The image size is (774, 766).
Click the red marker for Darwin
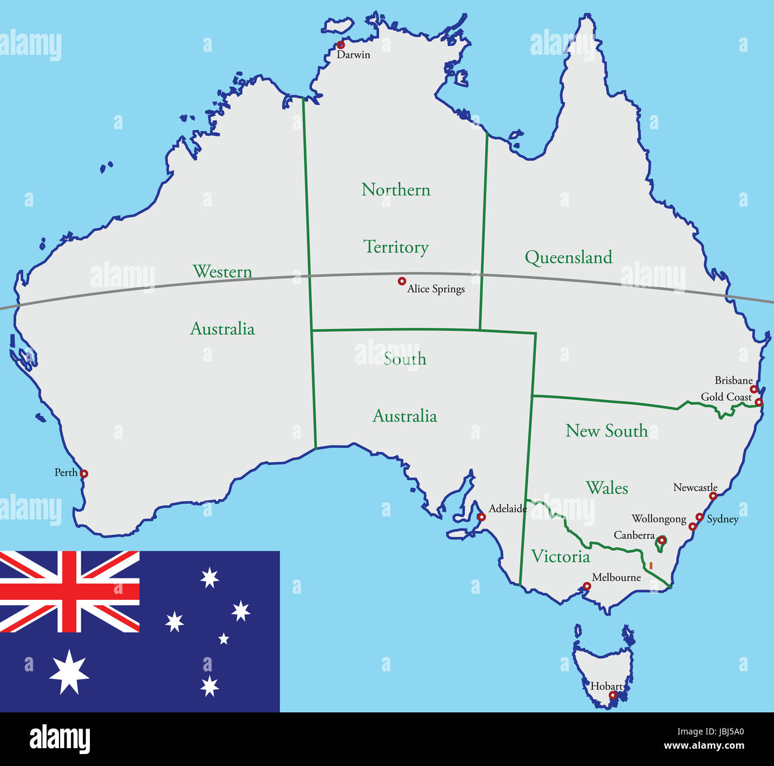[x=341, y=45]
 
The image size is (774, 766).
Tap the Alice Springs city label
[x=436, y=289]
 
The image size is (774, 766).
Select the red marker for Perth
[x=84, y=474]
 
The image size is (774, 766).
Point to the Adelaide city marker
[x=482, y=517]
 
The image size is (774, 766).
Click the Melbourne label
[x=616, y=577]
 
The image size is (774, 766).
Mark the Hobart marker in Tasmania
[x=613, y=695]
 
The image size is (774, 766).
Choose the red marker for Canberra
[x=661, y=540]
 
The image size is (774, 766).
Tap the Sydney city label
[x=722, y=519]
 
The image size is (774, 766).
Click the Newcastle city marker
[x=713, y=496]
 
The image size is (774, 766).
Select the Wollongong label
[x=658, y=519]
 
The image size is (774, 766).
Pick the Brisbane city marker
[x=754, y=389]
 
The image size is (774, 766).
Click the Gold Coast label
[x=726, y=397]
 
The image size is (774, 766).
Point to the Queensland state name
[x=568, y=257]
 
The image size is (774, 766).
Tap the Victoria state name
[x=560, y=556]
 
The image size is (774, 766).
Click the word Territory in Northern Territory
[x=396, y=247]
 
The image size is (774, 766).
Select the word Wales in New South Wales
[x=607, y=488]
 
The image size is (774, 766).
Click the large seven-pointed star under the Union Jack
[x=69, y=672]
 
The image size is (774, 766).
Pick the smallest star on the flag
[x=223, y=639]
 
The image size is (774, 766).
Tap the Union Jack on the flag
[x=70, y=591]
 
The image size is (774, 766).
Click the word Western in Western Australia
[x=222, y=272]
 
